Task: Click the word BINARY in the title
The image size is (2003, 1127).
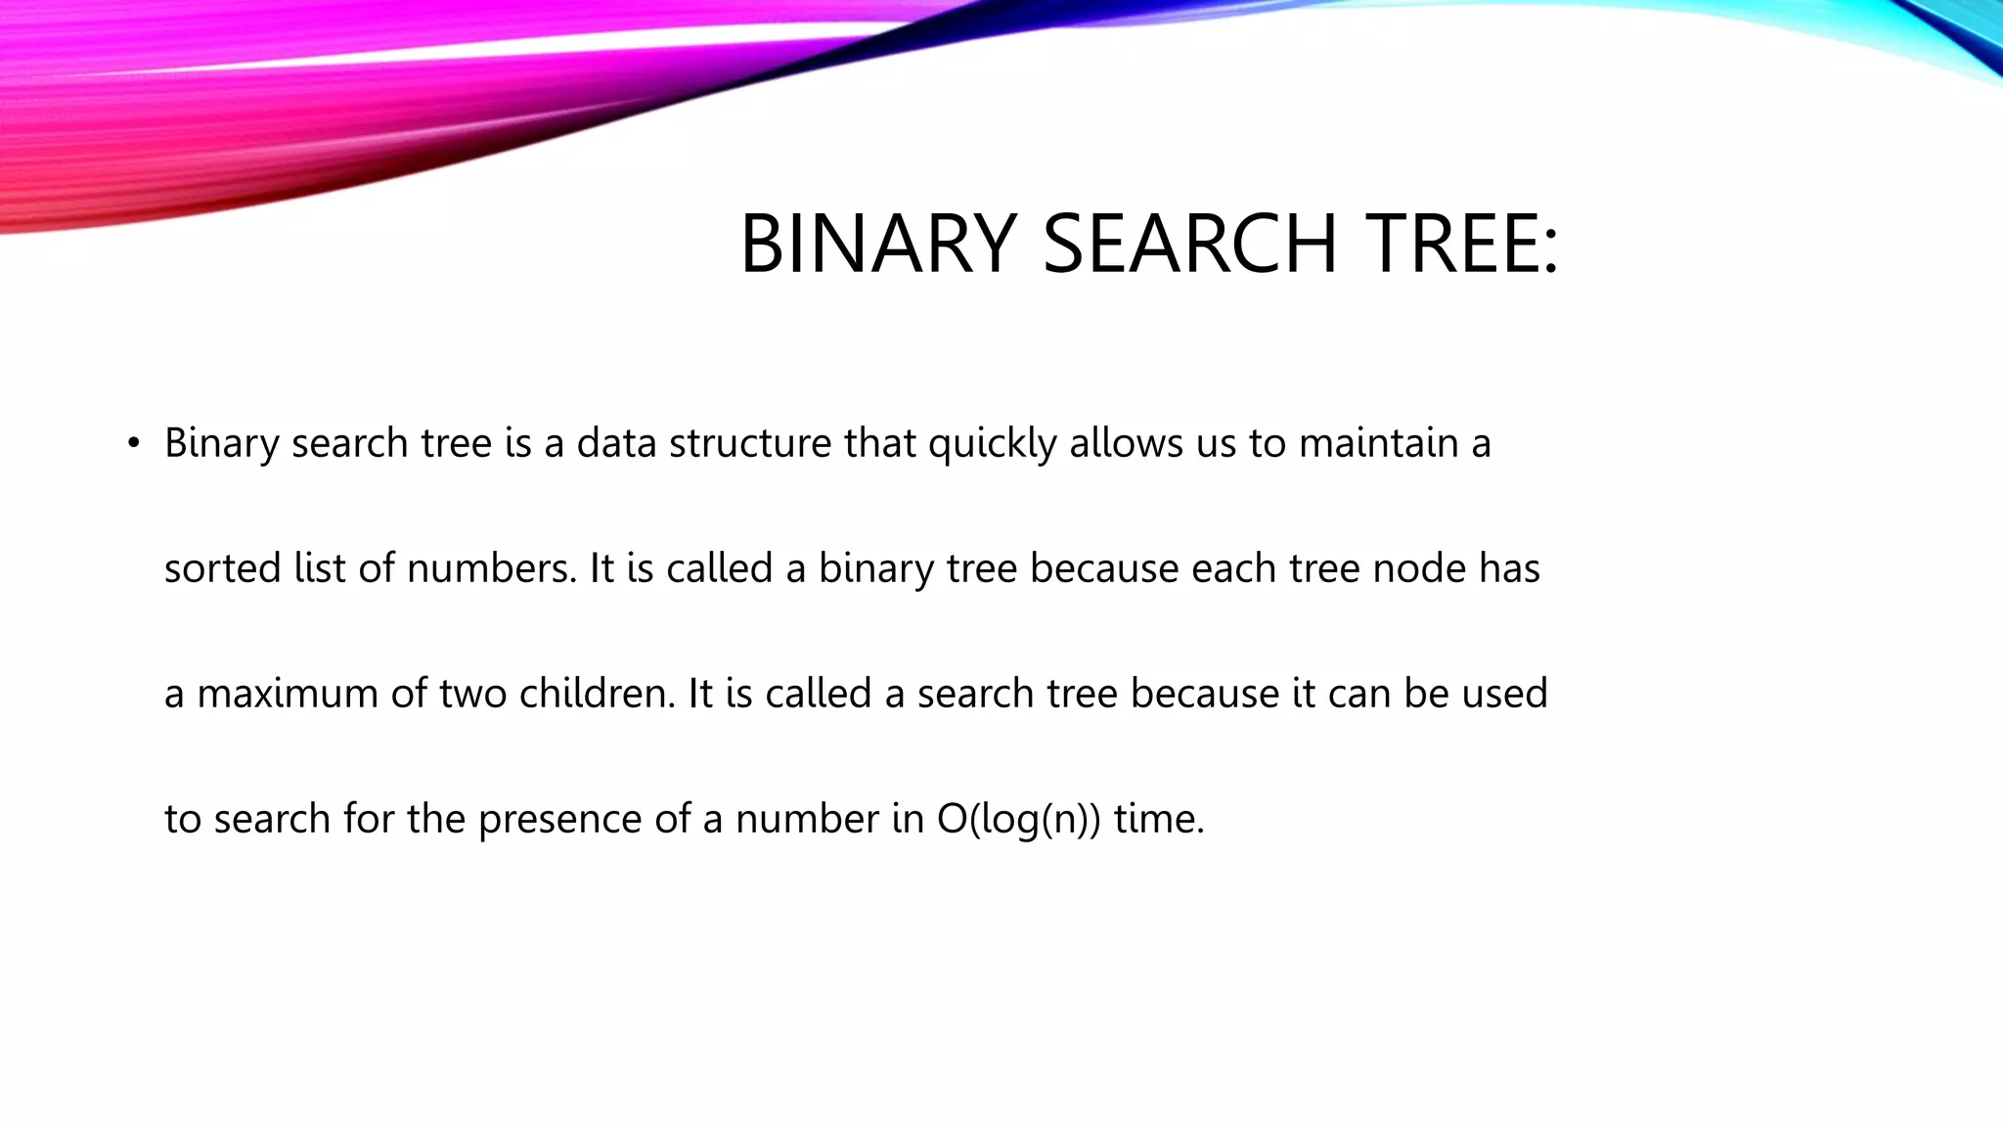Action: tap(878, 244)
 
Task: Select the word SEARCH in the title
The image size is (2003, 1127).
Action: tap(1189, 244)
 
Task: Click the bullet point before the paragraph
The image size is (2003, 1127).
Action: tap(134, 444)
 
